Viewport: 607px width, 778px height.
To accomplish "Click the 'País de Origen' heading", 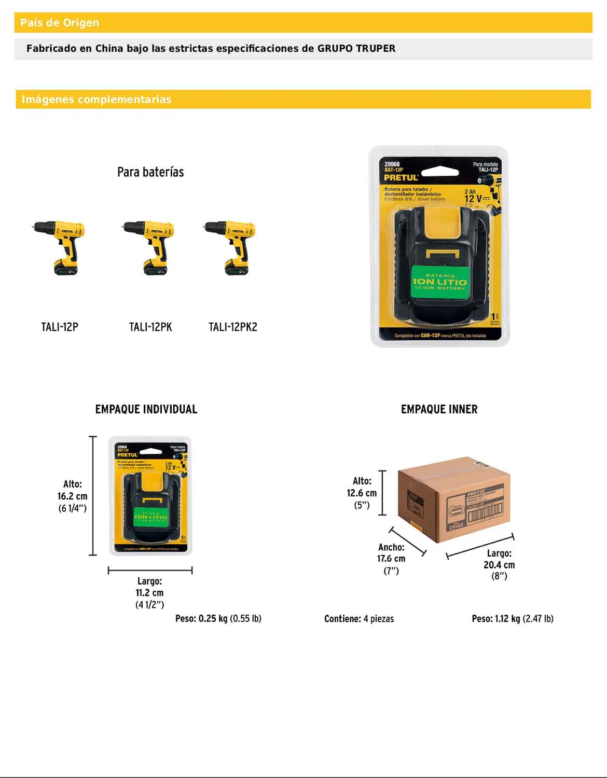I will point(60,23).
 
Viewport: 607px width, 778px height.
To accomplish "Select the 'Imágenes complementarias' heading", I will point(96,100).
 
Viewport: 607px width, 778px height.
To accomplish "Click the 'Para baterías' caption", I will point(150,172).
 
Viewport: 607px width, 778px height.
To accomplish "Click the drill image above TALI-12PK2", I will point(231,248).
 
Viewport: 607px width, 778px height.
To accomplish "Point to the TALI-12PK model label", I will point(150,327).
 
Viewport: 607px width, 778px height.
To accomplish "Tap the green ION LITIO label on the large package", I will point(439,282).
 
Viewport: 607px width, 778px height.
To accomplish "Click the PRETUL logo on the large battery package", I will point(401,177).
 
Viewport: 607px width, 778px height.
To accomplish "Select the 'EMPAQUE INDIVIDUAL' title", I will point(146,409).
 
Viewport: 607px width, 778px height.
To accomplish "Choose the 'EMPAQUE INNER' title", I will point(439,409).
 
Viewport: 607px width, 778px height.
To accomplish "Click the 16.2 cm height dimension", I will point(73,496).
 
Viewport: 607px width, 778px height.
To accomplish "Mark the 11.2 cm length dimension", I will point(149,593).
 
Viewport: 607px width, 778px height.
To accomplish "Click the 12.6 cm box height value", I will point(362,493).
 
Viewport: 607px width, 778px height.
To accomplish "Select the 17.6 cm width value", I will point(391,559).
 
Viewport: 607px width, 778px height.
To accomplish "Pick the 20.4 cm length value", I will point(499,565).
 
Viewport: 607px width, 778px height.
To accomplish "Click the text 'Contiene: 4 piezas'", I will point(359,619).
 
